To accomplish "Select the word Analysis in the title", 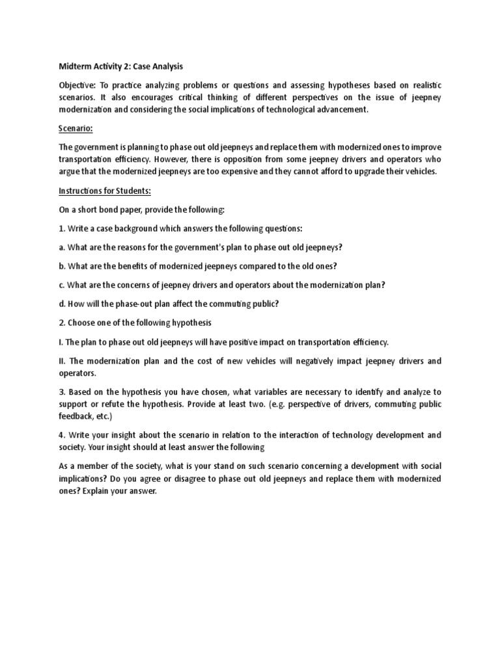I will pos(165,66).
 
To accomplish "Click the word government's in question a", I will pos(203,247).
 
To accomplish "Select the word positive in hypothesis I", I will pos(232,341).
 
